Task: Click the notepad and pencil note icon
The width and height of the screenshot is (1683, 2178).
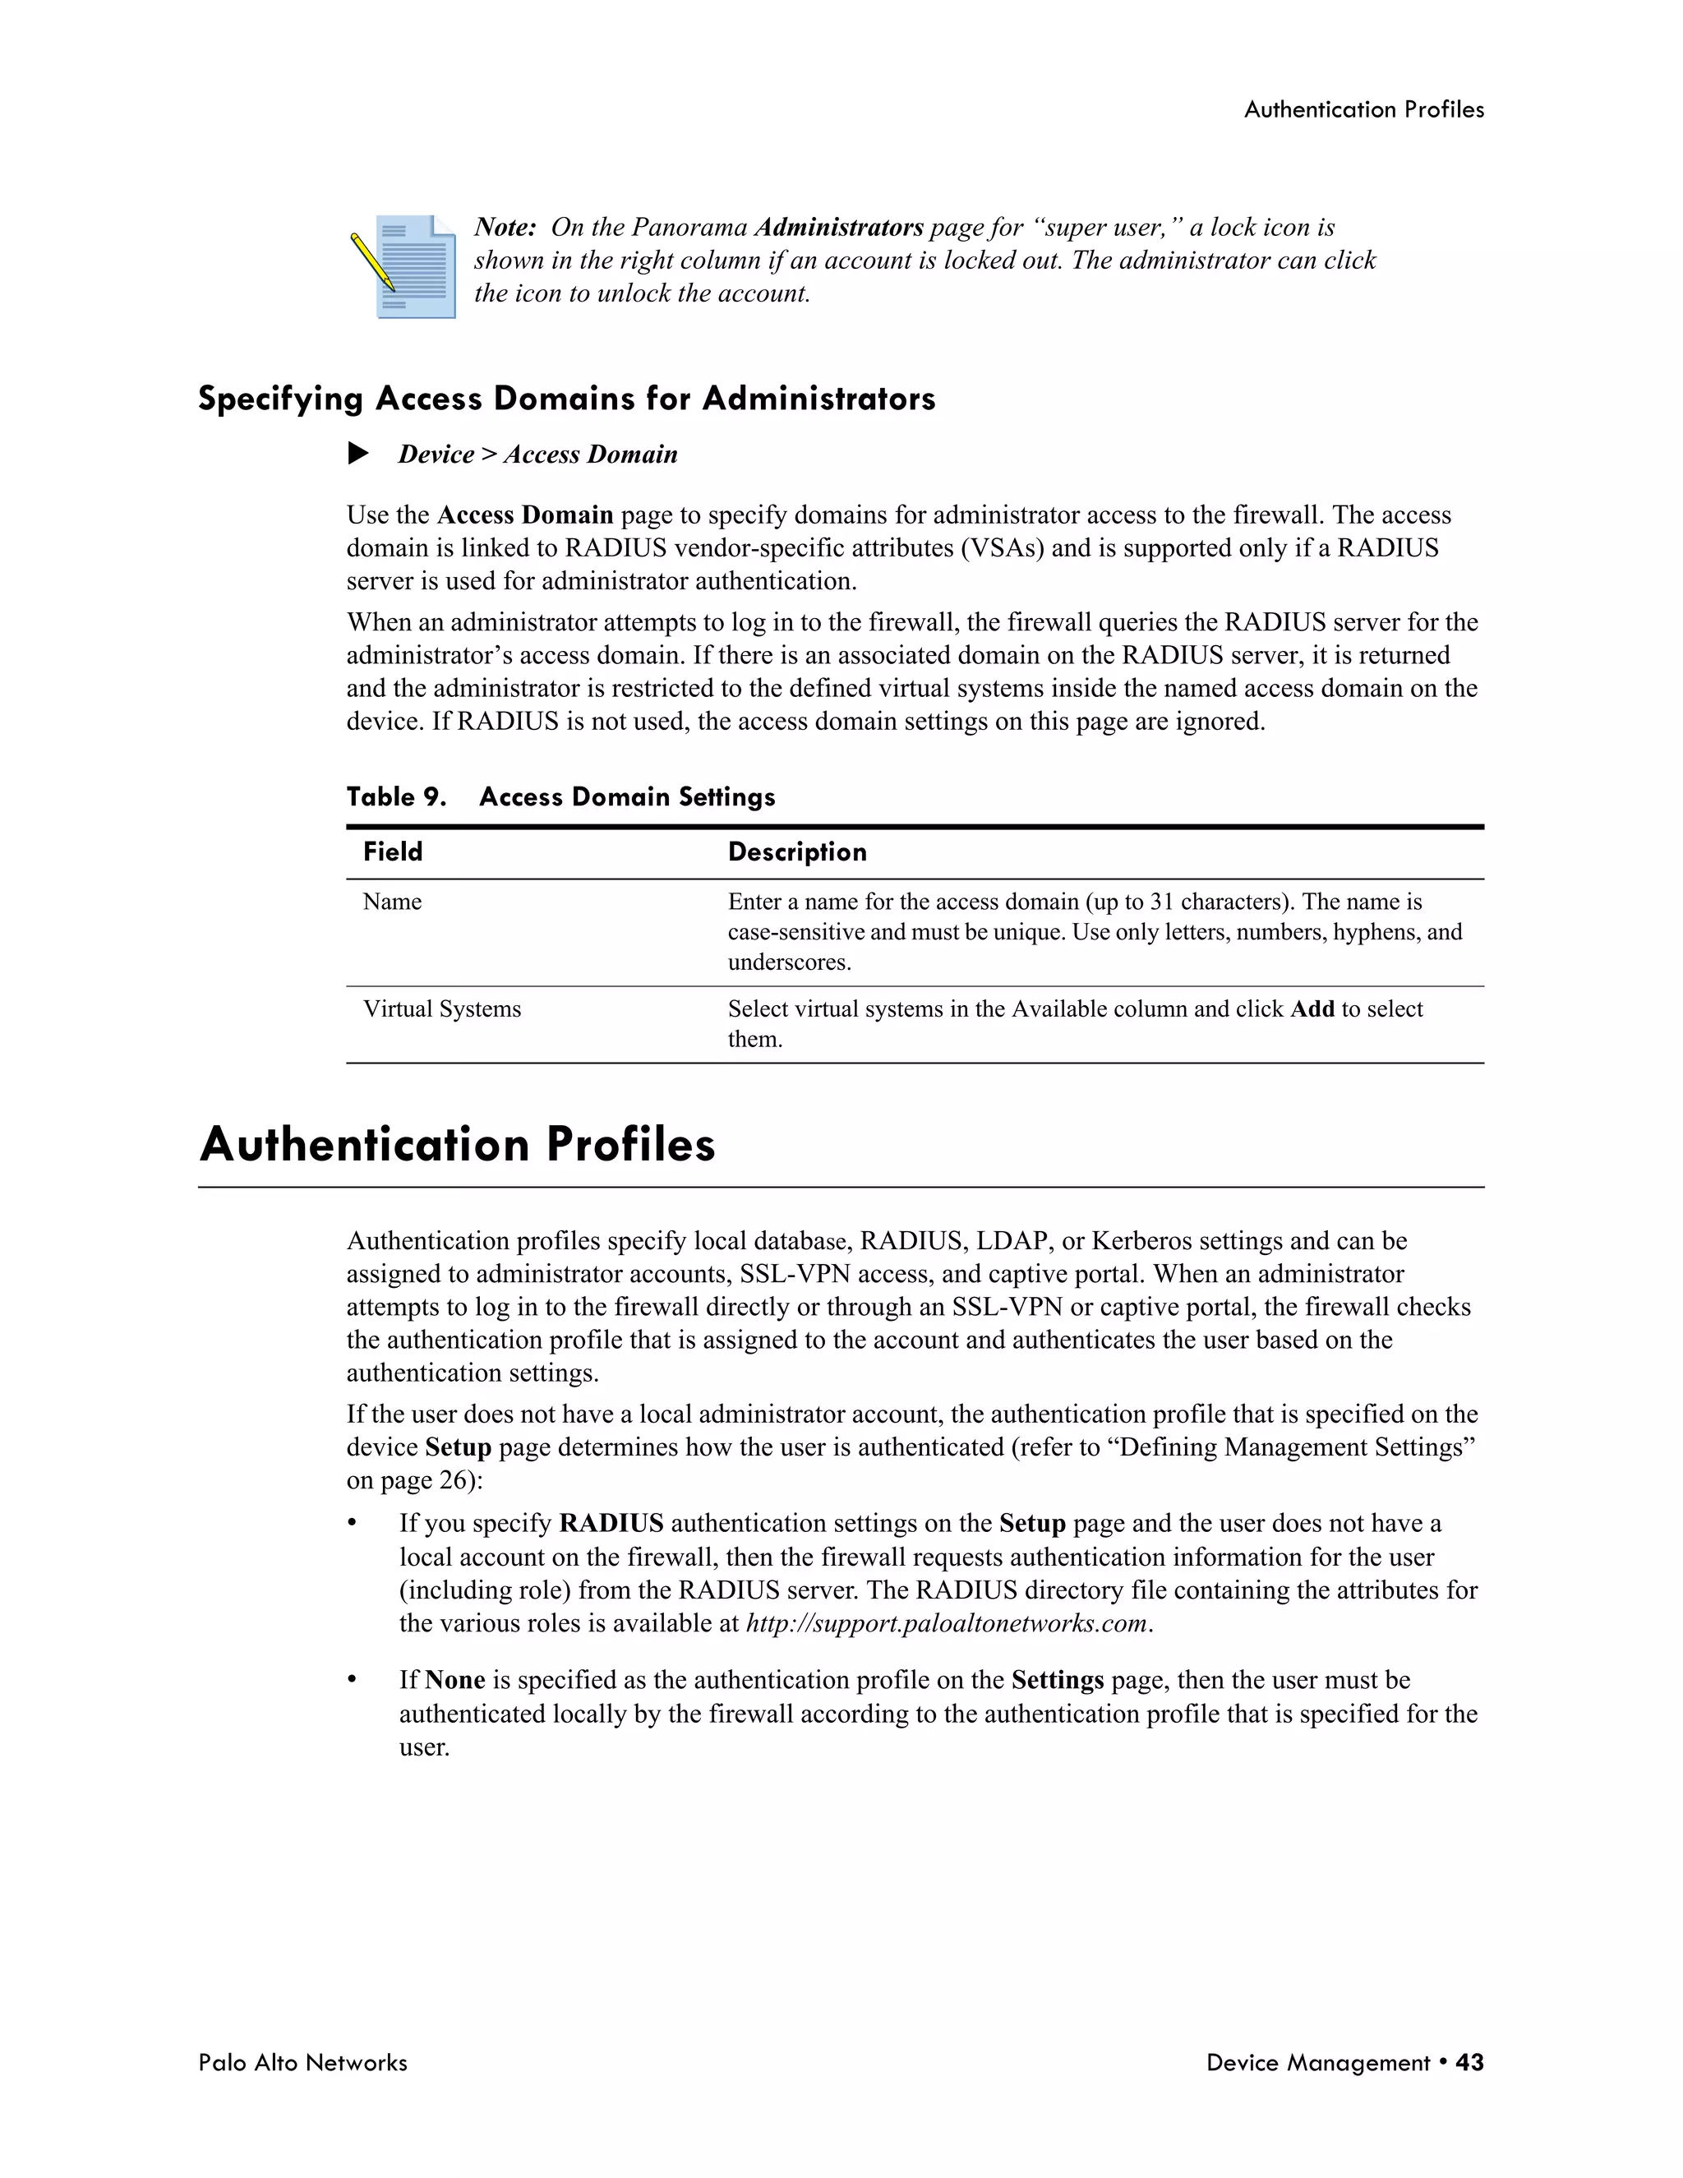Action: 406,265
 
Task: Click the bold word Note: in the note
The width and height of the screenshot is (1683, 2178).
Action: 505,228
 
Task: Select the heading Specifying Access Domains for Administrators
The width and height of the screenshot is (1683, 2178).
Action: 566,399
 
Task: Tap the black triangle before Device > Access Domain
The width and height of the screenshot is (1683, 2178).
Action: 358,454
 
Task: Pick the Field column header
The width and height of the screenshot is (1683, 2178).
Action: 393,851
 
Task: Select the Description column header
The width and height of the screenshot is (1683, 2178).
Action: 796,851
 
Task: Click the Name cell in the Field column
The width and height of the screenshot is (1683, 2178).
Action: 392,902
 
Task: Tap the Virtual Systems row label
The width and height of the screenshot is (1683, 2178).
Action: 441,1009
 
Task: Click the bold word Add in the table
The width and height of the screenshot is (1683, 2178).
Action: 1312,1009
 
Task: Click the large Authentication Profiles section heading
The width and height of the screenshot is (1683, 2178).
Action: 458,1145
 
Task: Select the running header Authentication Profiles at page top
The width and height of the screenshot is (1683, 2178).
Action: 1363,109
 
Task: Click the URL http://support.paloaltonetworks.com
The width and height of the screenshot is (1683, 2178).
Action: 948,1623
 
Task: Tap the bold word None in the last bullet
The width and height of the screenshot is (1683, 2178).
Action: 454,1681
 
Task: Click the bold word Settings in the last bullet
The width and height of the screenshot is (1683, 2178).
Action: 1057,1681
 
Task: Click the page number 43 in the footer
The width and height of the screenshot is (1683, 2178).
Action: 1469,2062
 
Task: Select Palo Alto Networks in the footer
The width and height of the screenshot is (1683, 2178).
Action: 302,2062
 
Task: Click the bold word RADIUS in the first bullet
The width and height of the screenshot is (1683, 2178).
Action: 611,1524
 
